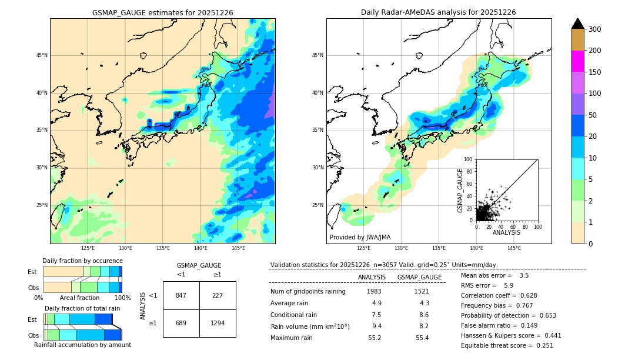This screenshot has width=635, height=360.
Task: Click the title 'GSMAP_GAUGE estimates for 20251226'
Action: [162, 12]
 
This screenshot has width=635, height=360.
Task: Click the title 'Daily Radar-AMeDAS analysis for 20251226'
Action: [439, 12]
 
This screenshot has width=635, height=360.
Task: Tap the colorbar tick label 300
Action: [594, 29]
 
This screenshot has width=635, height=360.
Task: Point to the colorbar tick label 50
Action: [592, 115]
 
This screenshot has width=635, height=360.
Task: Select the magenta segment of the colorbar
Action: [577, 61]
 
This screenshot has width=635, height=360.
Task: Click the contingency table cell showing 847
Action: [181, 295]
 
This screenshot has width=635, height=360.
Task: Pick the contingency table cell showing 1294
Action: [218, 324]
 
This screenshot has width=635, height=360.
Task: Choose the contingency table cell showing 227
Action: [218, 295]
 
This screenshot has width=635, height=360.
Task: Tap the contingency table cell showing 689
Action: [181, 324]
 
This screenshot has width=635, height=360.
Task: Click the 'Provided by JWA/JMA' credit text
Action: [359, 238]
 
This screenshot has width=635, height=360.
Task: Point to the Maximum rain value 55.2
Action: [375, 338]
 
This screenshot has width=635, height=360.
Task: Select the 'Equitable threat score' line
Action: [507, 345]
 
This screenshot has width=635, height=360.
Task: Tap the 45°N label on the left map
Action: [42, 55]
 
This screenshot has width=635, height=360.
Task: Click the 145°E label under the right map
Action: [514, 249]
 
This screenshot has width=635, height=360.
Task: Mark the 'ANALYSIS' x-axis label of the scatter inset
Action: [506, 232]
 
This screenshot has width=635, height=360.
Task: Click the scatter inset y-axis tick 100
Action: [468, 159]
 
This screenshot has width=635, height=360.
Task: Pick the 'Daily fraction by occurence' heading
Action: [82, 261]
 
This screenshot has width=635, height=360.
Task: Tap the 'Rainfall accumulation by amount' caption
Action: [82, 345]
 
